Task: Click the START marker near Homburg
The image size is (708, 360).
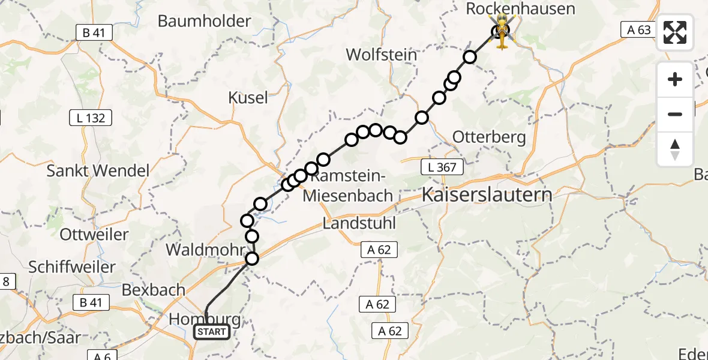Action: coord(211,332)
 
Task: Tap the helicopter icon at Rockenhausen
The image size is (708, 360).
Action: coord(502,31)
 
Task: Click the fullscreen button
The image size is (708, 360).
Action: coord(675,32)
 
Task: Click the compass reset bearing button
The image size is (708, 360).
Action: coord(675,149)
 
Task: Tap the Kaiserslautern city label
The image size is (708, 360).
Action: coord(487,194)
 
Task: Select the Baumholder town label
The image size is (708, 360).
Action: coord(204,21)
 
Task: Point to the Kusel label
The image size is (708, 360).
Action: coord(248,97)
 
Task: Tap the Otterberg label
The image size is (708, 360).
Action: coord(489,137)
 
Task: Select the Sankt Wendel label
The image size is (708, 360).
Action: coord(98,171)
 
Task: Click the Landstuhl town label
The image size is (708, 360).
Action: coord(359,223)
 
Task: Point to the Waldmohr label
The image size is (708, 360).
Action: coord(214,250)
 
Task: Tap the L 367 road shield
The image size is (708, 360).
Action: coord(443,167)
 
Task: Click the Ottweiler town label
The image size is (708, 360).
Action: coord(95,234)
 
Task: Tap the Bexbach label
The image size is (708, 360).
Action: coord(153,290)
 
